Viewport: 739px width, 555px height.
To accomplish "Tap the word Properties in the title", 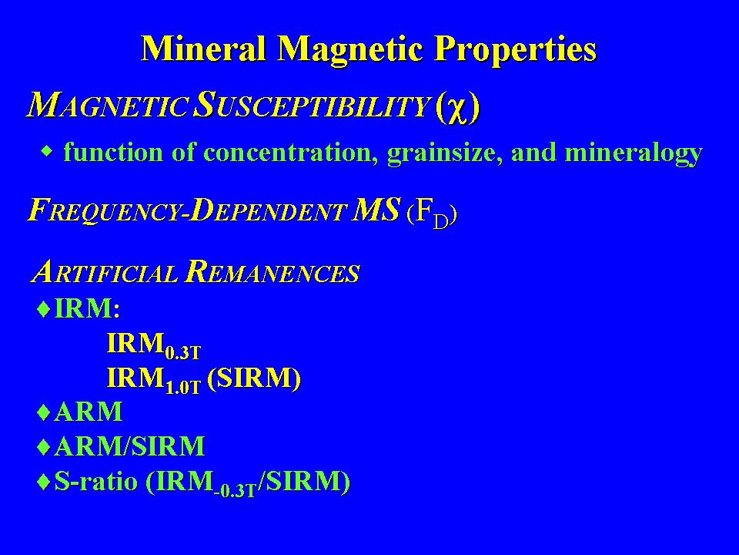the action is point(515,49).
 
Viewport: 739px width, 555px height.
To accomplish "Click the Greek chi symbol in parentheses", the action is point(457,109).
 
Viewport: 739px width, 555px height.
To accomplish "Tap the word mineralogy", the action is point(634,153).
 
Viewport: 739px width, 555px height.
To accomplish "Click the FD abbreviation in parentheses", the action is point(431,215).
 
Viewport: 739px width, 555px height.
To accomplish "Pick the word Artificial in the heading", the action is point(105,271).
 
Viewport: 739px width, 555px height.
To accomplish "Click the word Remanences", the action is point(273,271).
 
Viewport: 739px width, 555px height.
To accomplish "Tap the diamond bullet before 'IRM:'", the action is point(44,310).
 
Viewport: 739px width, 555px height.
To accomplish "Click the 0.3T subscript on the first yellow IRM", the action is point(183,352).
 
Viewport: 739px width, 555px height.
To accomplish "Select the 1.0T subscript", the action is point(183,387).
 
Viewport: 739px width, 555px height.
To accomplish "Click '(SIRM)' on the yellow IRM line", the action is point(254,378).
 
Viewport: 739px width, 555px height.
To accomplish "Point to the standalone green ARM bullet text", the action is point(89,411).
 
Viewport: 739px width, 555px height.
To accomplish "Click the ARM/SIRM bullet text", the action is point(129,446).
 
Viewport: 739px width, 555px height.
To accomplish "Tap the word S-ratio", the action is point(96,481).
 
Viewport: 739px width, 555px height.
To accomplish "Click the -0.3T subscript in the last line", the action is point(234,491).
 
